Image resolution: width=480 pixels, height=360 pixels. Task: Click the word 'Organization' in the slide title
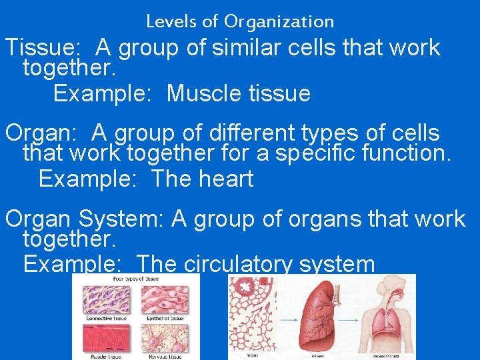click(279, 22)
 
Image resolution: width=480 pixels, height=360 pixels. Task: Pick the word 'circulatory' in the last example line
click(237, 265)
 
